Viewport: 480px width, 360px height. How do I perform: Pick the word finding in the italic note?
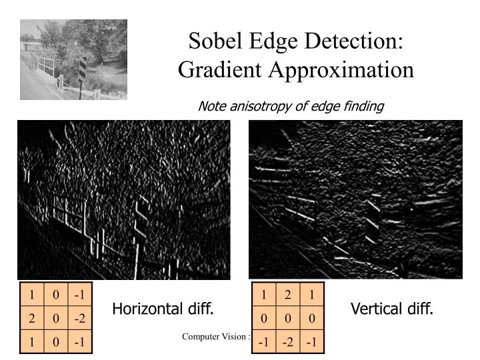363,106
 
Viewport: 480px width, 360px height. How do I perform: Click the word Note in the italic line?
211,106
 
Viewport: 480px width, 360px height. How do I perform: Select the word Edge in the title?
274,41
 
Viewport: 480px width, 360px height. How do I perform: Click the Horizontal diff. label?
163,309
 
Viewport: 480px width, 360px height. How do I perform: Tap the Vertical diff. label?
392,309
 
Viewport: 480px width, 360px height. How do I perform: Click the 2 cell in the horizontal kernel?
31,318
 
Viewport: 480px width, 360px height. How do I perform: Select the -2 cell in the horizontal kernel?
80,318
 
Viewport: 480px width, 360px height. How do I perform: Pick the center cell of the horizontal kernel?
56,318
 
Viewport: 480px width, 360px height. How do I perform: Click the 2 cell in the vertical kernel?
288,294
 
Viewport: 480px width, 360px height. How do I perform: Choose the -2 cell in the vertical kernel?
288,342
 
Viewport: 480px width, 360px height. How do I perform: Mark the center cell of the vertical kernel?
288,318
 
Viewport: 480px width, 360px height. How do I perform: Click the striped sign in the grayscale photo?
83,68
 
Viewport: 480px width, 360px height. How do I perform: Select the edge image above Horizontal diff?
124,200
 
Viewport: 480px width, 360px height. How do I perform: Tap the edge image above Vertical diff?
355,200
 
